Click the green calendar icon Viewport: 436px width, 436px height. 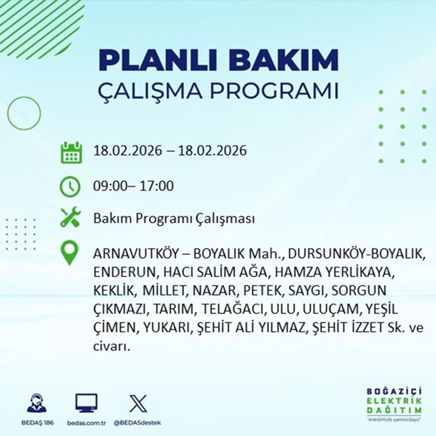(x=71, y=152)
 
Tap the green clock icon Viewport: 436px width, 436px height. (x=70, y=186)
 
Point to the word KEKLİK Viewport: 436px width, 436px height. (x=112, y=291)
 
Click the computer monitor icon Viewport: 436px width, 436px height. (x=86, y=403)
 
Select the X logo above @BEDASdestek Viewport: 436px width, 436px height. (x=137, y=403)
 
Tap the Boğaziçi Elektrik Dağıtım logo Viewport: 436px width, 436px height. (x=394, y=405)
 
